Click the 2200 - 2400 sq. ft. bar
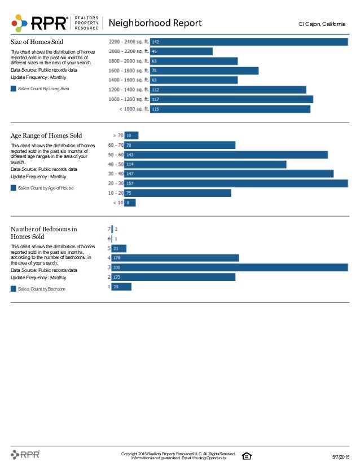pyautogui.click(x=248, y=42)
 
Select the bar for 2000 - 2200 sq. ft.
pyautogui.click(x=181, y=51)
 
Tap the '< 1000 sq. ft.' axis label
pyautogui.click(x=133, y=109)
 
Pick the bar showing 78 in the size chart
pyautogui.click(x=204, y=71)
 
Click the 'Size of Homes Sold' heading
pyautogui.click(x=37, y=42)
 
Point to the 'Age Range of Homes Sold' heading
pyautogui.click(x=46, y=135)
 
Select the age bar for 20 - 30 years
pyautogui.click(x=235, y=183)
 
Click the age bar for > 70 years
pyautogui.click(x=131, y=135)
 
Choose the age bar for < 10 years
pyautogui.click(x=130, y=202)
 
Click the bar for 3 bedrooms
pyautogui.click(x=230, y=267)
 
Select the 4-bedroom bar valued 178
pyautogui.click(x=175, y=258)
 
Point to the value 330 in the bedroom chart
pyautogui.click(x=117, y=267)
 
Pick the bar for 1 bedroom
pyautogui.click(x=121, y=287)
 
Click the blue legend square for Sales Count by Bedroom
pyautogui.click(x=14, y=288)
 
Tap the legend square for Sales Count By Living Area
pyautogui.click(x=14, y=89)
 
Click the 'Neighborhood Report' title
pyautogui.click(x=154, y=23)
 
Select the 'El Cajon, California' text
pyautogui.click(x=322, y=24)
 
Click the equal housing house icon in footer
pyautogui.click(x=246, y=456)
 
